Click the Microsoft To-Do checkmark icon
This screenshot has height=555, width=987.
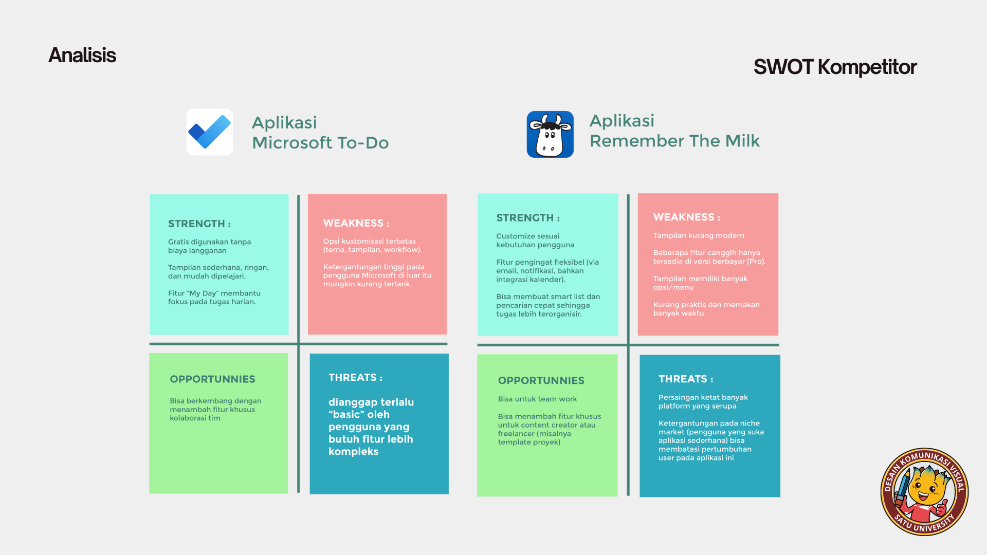210,132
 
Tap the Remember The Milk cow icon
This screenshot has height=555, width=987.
550,134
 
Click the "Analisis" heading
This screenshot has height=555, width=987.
82,55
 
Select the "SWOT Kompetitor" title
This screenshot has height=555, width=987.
835,67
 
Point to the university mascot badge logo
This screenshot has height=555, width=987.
924,492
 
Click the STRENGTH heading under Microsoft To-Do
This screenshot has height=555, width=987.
199,224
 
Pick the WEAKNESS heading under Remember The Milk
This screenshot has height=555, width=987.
687,217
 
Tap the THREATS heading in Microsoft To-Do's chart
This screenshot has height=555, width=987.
356,378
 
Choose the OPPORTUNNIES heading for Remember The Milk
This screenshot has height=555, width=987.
541,380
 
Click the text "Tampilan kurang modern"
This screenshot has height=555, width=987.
699,235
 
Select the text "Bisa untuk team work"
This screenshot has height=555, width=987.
537,399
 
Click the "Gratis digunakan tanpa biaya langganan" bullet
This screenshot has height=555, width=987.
210,246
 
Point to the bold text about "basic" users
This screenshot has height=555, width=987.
371,427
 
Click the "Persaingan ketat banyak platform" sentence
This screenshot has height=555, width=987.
703,401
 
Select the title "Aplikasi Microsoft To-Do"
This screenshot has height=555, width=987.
320,132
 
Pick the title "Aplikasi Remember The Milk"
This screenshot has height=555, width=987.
674,131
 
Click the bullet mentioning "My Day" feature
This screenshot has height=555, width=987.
214,298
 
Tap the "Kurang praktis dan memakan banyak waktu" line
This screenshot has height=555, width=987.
706,309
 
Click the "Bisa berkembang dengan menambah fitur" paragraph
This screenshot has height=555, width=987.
215,410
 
